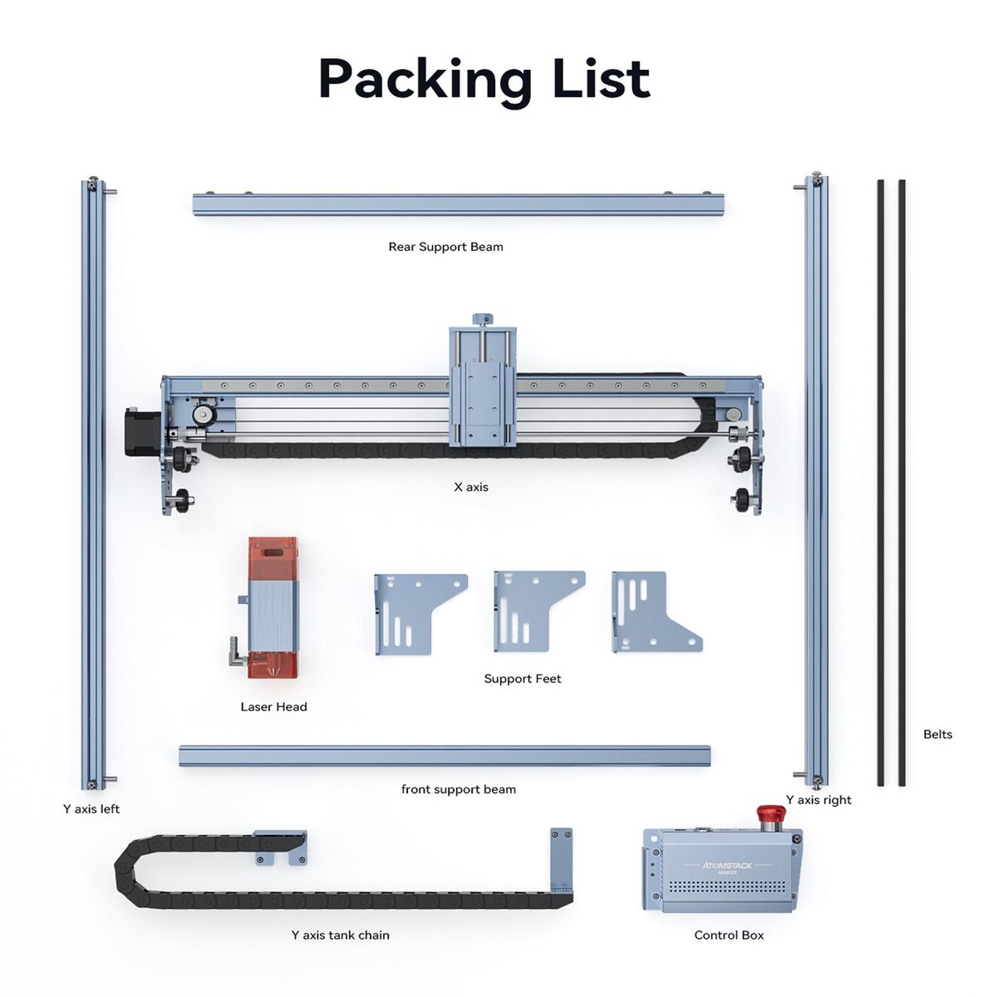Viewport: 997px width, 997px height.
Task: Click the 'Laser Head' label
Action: tap(273, 707)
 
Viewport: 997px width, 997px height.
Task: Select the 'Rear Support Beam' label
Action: tap(445, 247)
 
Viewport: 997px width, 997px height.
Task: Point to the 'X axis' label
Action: tap(471, 487)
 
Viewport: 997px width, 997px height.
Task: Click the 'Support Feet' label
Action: tap(522, 678)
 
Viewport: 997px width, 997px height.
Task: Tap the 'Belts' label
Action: tap(937, 734)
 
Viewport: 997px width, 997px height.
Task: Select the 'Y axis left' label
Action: tap(91, 808)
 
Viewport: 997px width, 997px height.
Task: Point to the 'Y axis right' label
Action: tap(818, 799)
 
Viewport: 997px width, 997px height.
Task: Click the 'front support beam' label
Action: tap(459, 789)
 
